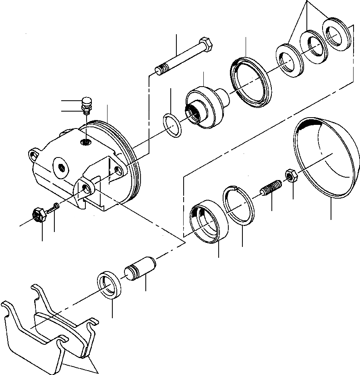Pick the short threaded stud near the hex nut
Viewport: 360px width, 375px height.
tap(270, 189)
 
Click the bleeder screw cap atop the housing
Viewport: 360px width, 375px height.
tap(87, 100)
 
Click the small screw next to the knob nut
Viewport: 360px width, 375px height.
tap(54, 209)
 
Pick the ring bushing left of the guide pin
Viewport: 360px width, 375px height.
tap(110, 285)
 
